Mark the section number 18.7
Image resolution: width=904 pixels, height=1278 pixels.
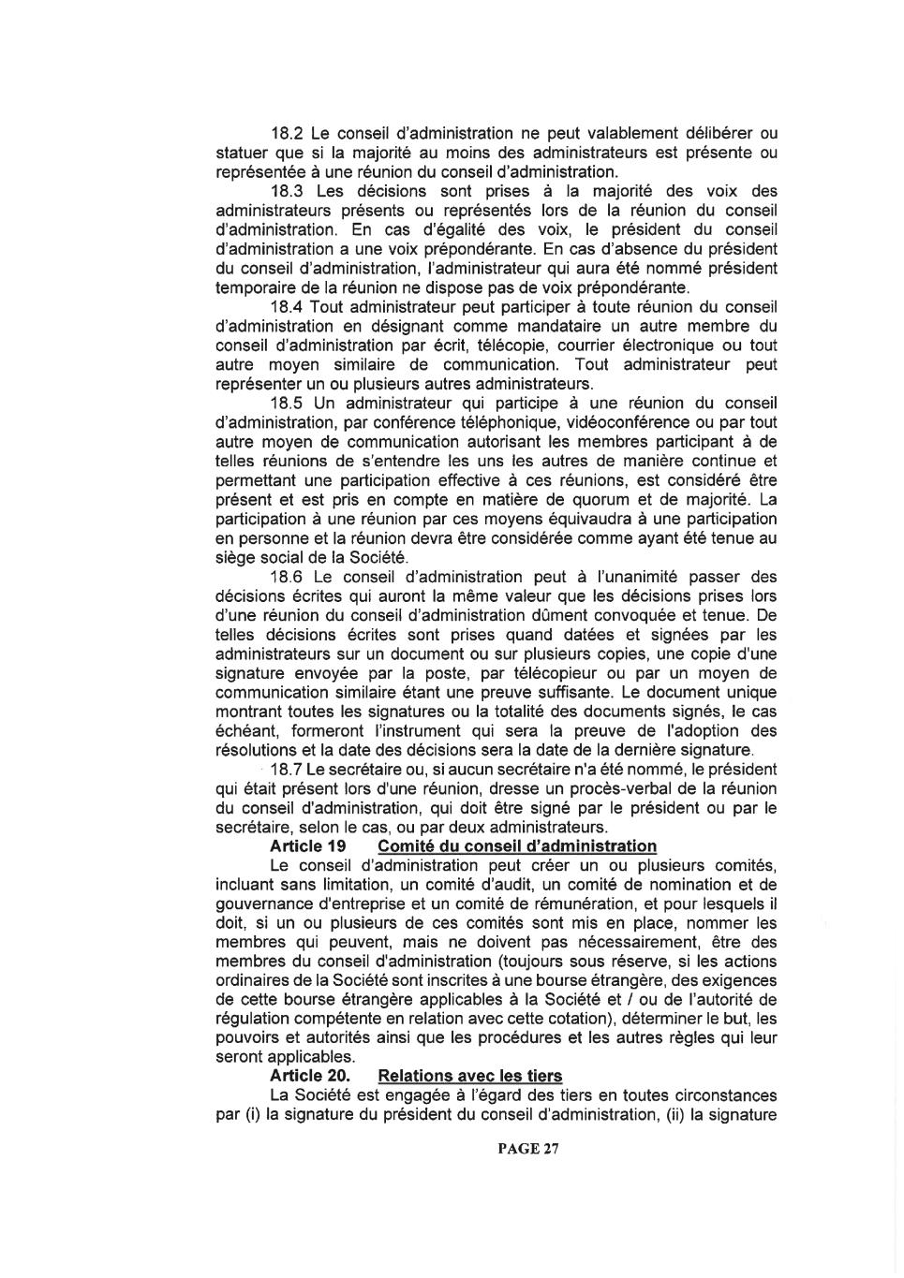pos(285,770)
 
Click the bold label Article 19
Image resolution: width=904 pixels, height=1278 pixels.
pos(308,846)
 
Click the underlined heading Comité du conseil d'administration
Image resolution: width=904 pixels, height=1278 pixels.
pos(517,846)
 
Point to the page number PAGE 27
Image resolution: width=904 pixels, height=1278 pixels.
pos(528,1149)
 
